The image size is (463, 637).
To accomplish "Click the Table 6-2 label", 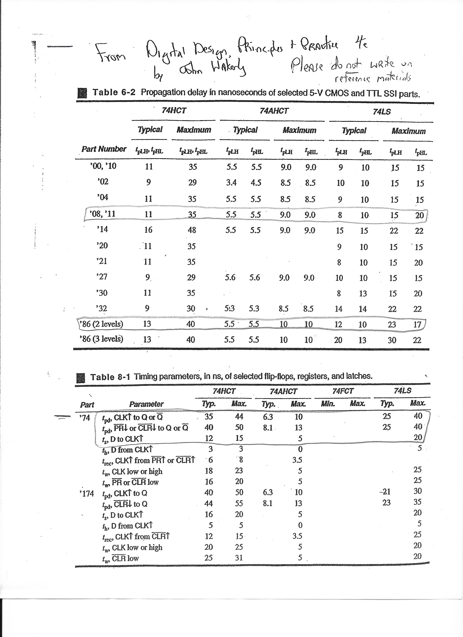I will pos(114,92).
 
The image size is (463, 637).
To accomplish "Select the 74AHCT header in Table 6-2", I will pos(274,111).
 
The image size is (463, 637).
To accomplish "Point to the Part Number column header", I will pos(104,149).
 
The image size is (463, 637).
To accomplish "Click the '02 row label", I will pos(103,182).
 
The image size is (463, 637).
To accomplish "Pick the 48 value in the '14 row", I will pos(192,230).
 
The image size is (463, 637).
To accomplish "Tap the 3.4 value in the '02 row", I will pos(231,183).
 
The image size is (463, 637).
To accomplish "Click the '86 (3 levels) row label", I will pos(101,339).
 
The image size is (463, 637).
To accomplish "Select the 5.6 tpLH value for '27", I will pos(230,277).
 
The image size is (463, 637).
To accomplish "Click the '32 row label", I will pos(101,308).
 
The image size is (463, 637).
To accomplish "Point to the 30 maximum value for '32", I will pos(191,308).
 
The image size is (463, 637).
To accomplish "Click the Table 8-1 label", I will pos(110,377).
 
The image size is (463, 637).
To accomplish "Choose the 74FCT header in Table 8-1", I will pos(343,391).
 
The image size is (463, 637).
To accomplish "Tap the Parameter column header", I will pos(146,404).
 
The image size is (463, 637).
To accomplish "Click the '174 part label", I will pos(87,493).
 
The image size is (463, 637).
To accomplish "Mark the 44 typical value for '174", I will pos(208,503).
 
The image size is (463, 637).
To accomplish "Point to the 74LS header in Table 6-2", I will pos(382,112).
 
